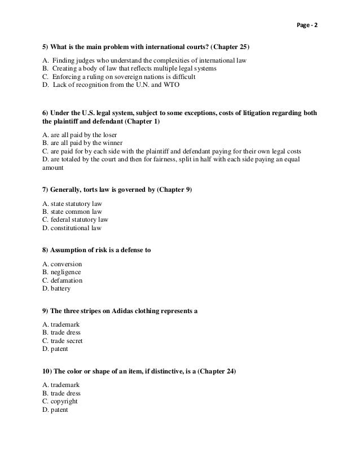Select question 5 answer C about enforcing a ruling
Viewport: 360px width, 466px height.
pos(118,77)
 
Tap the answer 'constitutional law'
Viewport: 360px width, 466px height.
pos(72,228)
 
